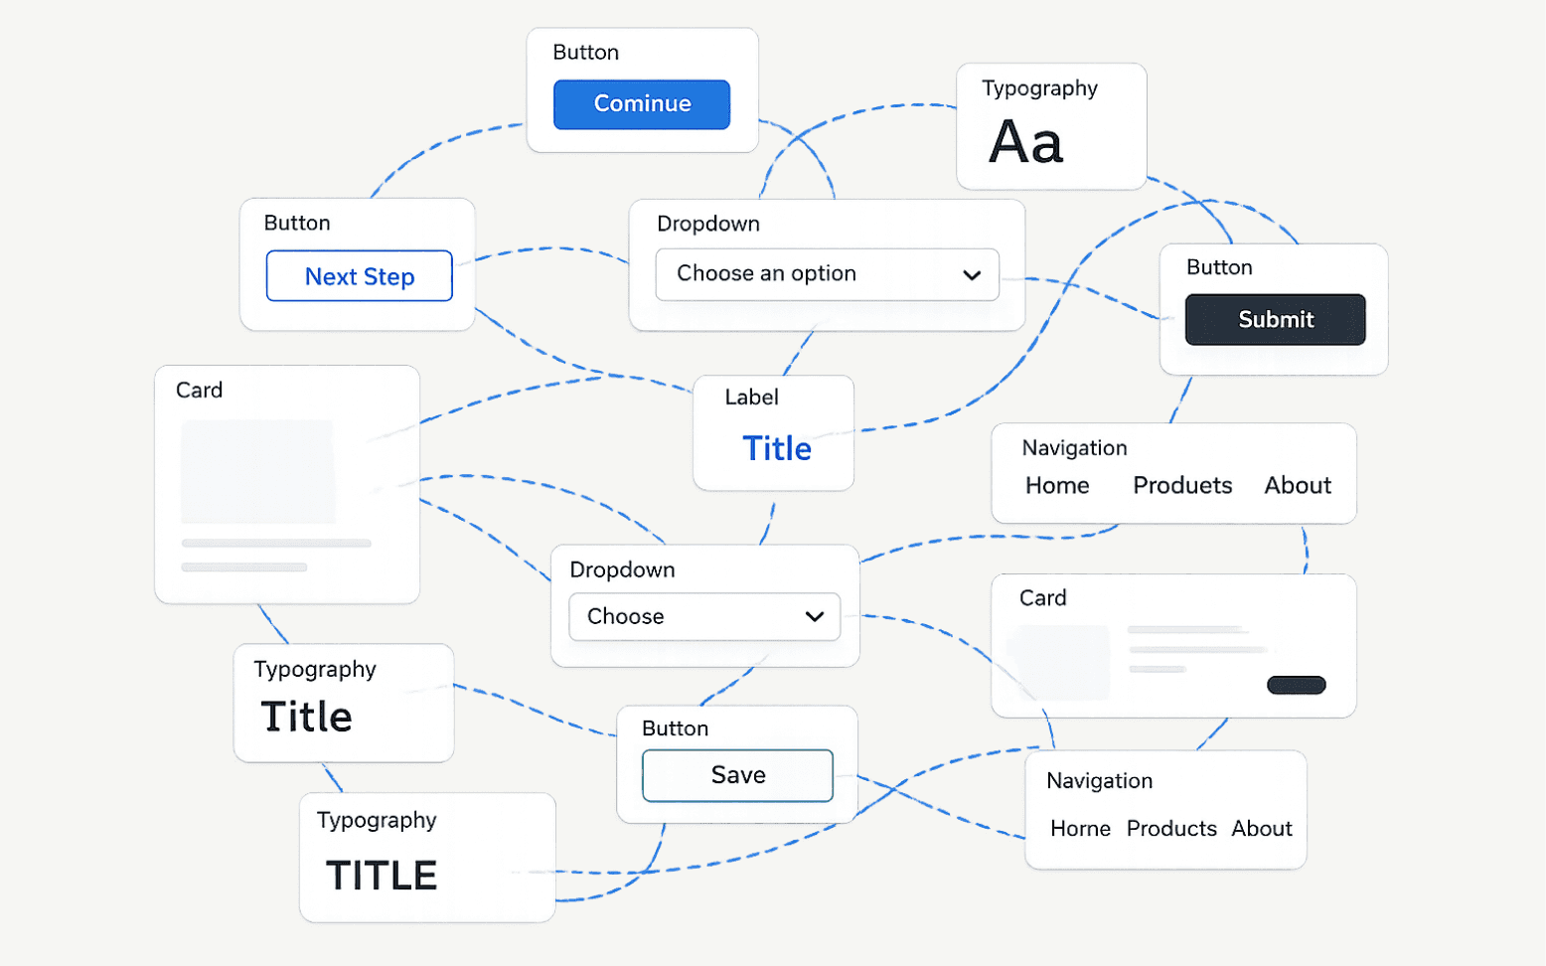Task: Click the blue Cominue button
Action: (x=641, y=104)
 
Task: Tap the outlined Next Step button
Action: (x=359, y=276)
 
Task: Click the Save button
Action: (x=737, y=775)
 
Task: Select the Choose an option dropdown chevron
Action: (x=972, y=275)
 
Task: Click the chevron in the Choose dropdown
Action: (x=815, y=616)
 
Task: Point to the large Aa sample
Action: (x=1025, y=142)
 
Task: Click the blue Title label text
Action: (x=776, y=449)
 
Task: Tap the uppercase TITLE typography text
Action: (x=381, y=875)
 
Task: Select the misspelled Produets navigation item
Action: (x=1182, y=485)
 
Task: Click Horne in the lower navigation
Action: (x=1080, y=828)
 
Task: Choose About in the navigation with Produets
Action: (x=1298, y=485)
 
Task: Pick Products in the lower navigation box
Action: (x=1171, y=828)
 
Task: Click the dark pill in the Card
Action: (x=1297, y=685)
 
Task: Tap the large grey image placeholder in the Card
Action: (x=258, y=472)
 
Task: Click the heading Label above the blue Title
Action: (x=751, y=397)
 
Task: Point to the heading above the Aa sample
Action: (x=1039, y=88)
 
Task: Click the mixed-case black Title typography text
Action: (x=306, y=717)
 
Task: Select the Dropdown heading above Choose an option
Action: (x=708, y=224)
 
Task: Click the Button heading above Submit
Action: (x=1219, y=267)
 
